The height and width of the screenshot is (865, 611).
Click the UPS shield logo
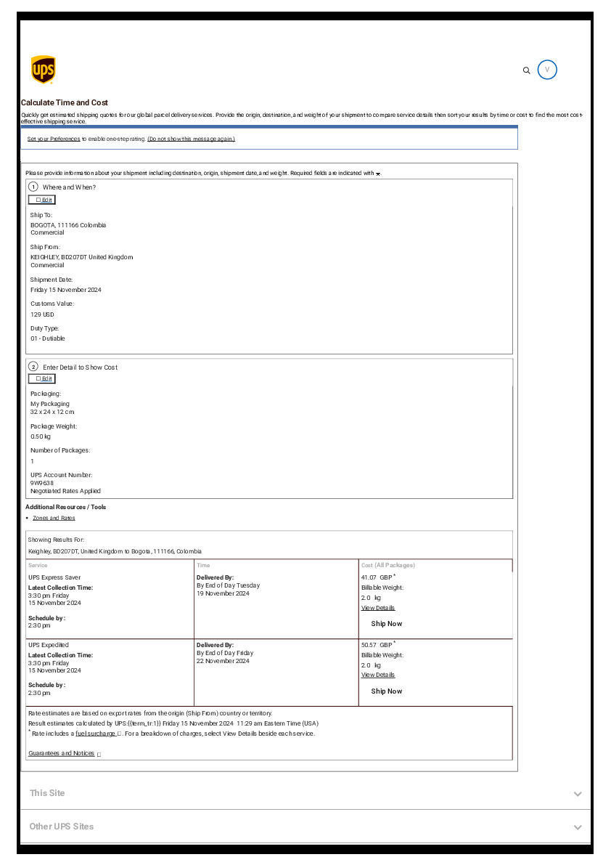[44, 70]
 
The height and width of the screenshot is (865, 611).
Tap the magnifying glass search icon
[527, 70]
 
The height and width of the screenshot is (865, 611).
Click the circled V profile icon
[548, 70]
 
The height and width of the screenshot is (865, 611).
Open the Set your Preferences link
[54, 139]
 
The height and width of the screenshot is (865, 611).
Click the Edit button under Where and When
[42, 200]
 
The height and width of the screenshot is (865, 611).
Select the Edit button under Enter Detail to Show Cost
[42, 378]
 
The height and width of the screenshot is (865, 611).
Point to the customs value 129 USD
[42, 314]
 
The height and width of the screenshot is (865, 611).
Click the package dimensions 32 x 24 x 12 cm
[52, 412]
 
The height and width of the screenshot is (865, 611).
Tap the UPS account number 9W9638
[42, 483]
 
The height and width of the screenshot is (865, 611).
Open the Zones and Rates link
[54, 518]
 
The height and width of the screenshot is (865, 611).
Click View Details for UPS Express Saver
[378, 608]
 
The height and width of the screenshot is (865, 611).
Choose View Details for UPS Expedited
[378, 675]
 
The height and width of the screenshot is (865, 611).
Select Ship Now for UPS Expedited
[386, 691]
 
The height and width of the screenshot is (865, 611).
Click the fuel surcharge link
[96, 734]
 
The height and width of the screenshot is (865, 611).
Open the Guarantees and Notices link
[62, 753]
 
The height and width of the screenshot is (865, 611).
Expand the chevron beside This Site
[578, 794]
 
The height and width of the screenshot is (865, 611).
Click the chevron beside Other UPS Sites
[578, 827]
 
